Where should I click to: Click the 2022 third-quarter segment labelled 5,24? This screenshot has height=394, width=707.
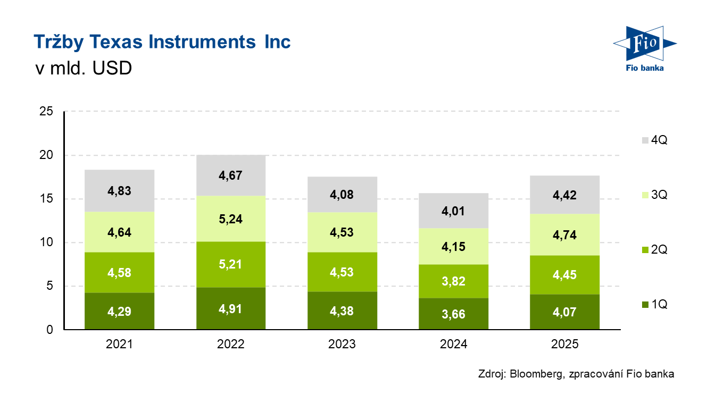tap(230, 219)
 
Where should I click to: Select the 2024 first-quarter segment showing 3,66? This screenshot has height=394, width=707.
tap(453, 314)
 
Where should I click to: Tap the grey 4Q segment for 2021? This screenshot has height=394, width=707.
tap(119, 191)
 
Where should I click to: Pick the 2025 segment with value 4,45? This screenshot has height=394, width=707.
tap(564, 275)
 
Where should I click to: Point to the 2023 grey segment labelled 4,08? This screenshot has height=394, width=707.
tap(342, 194)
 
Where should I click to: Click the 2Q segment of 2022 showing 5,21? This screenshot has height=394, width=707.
tap(230, 264)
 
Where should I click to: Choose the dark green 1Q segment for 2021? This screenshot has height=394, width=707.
tap(119, 311)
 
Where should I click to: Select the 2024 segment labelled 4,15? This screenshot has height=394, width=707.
tap(453, 246)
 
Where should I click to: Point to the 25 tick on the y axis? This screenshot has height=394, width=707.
tap(46, 112)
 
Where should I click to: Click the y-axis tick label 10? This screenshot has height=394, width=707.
tap(46, 242)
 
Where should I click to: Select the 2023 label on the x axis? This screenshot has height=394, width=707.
tap(342, 345)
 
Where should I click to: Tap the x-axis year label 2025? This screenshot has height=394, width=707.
tap(564, 345)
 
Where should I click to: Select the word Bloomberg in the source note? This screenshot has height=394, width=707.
tap(535, 374)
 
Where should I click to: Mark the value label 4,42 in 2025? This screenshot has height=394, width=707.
tap(564, 195)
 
